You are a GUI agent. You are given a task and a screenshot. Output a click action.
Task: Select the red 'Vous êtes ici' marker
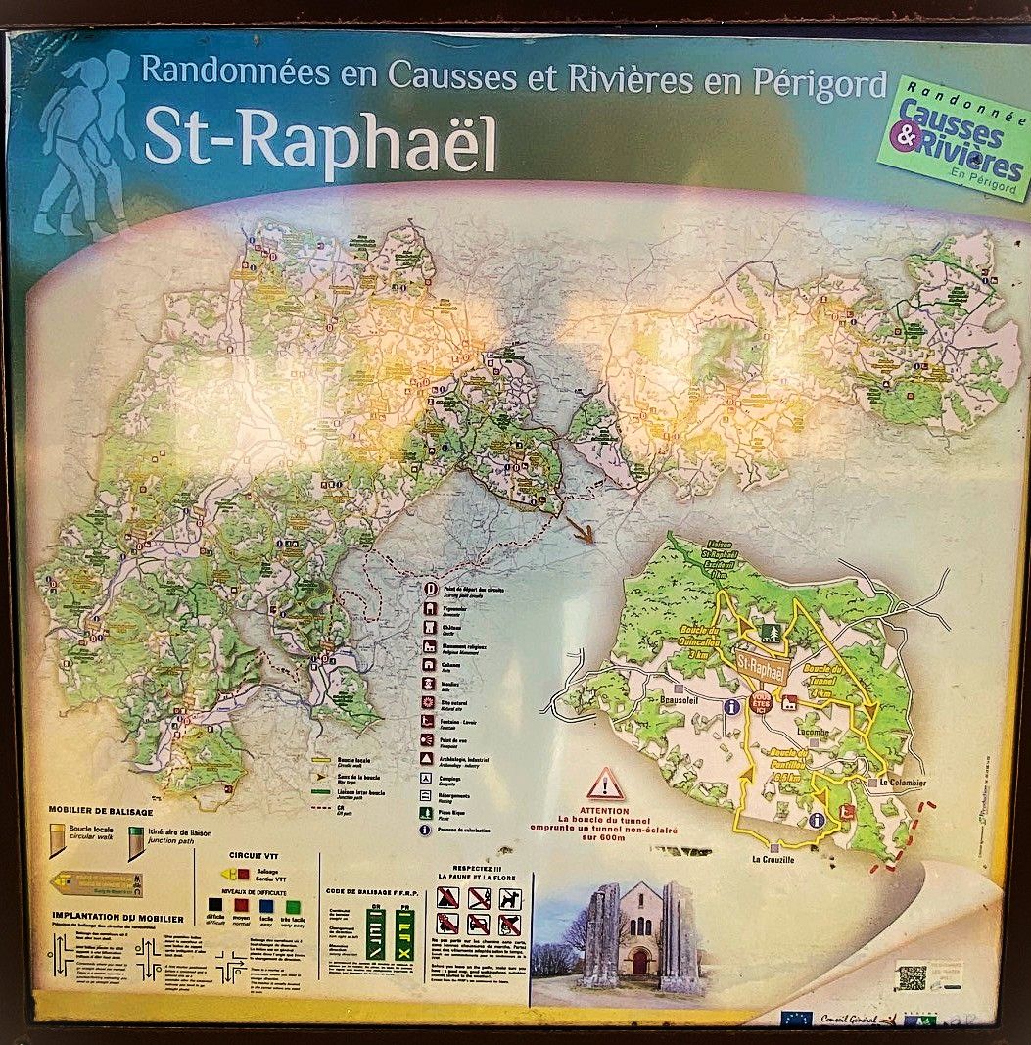tap(759, 700)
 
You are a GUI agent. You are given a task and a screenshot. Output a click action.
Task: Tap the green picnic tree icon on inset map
tap(768, 634)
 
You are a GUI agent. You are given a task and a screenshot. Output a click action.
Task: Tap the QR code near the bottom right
tap(912, 976)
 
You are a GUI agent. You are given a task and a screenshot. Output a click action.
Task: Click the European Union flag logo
tap(795, 1019)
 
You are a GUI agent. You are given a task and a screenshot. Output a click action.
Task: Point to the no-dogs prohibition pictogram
tap(510, 898)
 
